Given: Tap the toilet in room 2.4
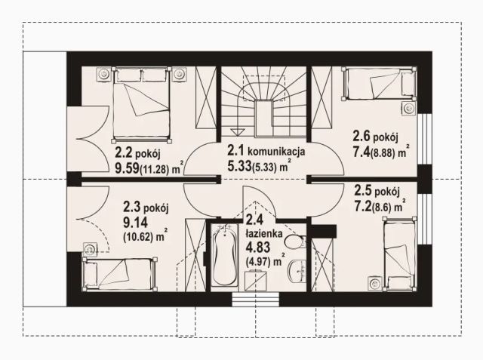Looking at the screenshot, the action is (295, 242).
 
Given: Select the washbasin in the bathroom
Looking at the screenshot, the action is (297, 271).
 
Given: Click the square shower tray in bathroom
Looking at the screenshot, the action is (256, 281).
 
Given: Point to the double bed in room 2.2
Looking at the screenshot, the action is (141, 105).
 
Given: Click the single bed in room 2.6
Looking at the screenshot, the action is (379, 84).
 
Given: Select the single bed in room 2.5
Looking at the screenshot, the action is (399, 254).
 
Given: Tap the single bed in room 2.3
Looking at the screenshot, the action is (120, 274).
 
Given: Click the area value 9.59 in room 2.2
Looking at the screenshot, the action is (127, 168).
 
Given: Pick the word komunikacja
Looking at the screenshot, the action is (276, 151).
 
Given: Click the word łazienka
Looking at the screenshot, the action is (264, 233).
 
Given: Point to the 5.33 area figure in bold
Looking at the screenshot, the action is (239, 166).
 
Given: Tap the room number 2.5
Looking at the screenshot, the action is (363, 190).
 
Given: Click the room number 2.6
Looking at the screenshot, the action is (361, 136).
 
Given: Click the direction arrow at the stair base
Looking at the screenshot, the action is (236, 132).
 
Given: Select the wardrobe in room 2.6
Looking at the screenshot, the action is (322, 97).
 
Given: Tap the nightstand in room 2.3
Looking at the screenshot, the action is (90, 248).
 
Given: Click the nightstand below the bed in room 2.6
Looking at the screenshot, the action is (409, 109).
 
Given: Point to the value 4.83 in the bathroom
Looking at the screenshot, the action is (254, 248).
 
